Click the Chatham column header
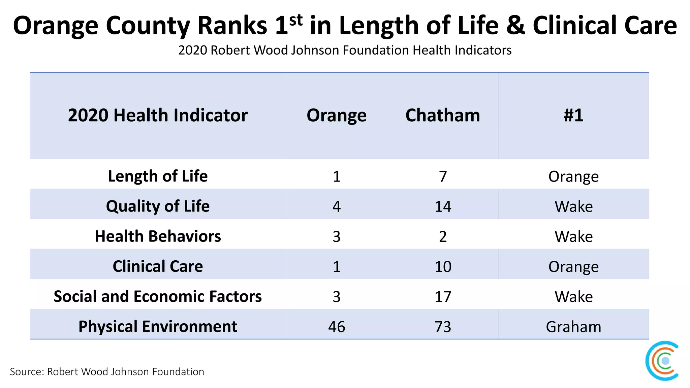point(442,115)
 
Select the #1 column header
point(573,115)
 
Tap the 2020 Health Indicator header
point(158,115)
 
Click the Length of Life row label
point(158,176)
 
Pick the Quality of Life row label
point(158,206)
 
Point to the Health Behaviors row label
point(158,236)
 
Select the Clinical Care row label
point(158,266)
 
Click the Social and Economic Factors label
point(158,296)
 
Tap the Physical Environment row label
point(158,326)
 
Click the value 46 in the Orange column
point(337,327)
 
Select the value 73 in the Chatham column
point(442,327)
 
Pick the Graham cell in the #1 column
point(573,327)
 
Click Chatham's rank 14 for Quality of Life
point(442,206)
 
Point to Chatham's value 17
point(442,297)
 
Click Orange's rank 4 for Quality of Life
point(337,206)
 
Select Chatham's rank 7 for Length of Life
point(442,176)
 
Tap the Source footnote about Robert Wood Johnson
point(107,371)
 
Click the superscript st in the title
point(296,20)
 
